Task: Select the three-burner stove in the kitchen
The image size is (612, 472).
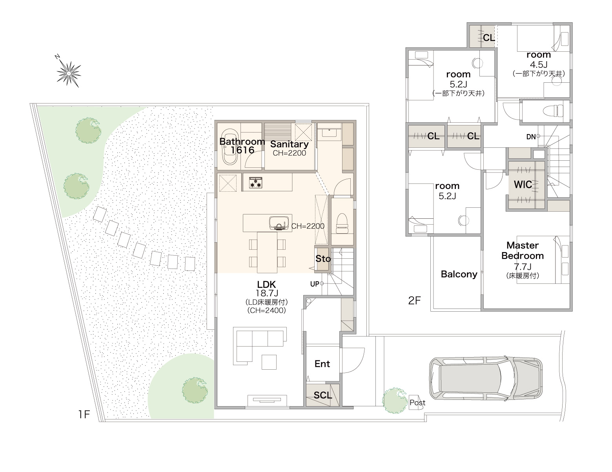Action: [x=255, y=182]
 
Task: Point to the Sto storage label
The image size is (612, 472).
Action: [x=323, y=259]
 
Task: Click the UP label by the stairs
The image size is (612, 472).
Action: [x=315, y=284]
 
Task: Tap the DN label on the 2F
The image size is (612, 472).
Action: [x=531, y=137]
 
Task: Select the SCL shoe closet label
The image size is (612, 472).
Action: [x=323, y=395]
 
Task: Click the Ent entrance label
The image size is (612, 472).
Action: [x=322, y=364]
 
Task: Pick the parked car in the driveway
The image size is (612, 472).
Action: [x=486, y=379]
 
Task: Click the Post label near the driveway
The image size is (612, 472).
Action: [x=417, y=403]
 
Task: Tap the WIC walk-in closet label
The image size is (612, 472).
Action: [x=523, y=185]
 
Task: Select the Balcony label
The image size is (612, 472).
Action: [x=459, y=274]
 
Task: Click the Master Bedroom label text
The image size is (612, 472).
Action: [x=523, y=251]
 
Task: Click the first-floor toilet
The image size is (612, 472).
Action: [x=342, y=223]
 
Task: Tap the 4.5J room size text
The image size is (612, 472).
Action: [x=539, y=64]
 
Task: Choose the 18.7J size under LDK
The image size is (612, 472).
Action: [x=267, y=293]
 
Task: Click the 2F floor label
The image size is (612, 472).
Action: [x=414, y=301]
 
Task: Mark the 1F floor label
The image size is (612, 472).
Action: [x=84, y=415]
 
